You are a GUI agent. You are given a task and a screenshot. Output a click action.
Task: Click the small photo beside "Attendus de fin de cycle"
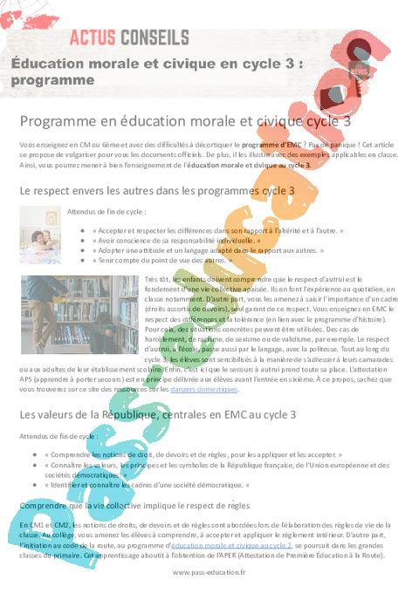click(40, 235)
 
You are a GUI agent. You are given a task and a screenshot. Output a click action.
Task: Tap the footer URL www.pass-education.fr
click(209, 572)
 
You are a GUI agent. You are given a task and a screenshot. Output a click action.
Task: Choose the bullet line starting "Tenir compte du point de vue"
click(162, 260)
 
